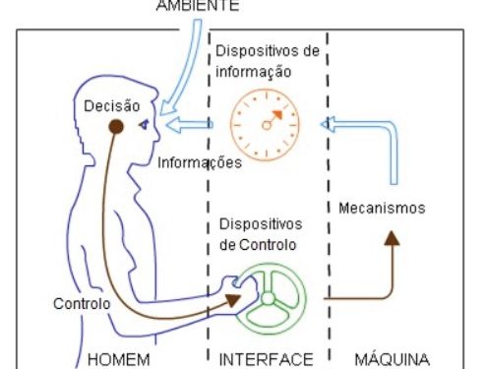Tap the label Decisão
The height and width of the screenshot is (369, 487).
click(112, 105)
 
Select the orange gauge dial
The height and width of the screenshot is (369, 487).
click(264, 125)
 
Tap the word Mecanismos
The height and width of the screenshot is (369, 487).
click(381, 209)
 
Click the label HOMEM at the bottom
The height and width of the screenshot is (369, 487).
click(119, 358)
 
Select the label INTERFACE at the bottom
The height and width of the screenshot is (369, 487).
click(266, 358)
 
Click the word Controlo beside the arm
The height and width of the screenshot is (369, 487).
click(83, 304)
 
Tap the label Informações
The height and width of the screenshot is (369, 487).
click(200, 161)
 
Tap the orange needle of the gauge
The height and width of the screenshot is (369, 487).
click(273, 119)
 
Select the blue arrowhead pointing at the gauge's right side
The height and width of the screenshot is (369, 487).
click(332, 125)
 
